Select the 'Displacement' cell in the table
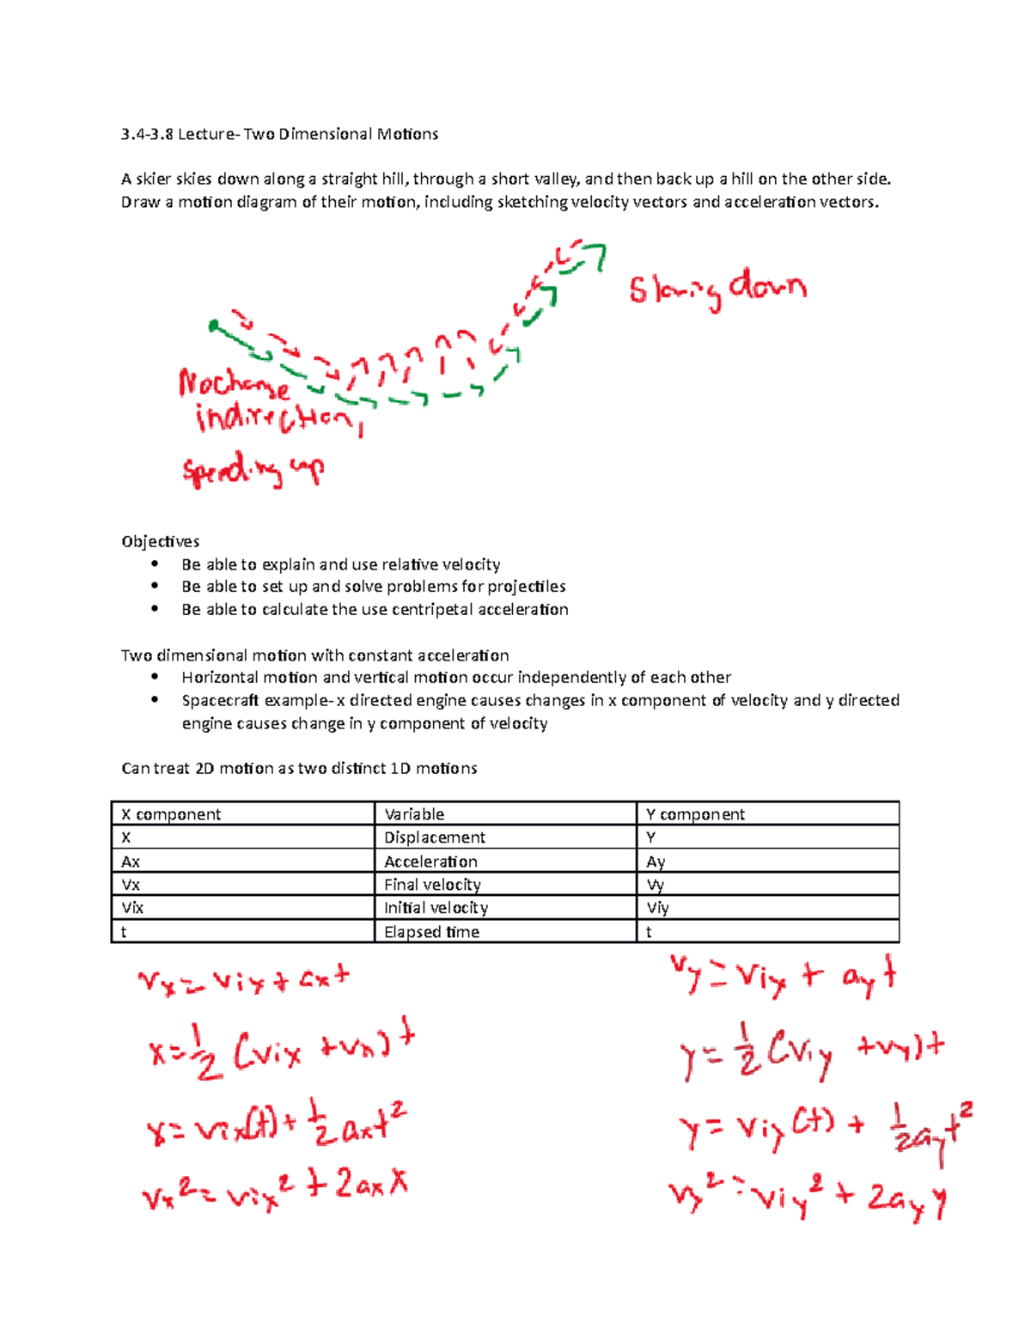[435, 838]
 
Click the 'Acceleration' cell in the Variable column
[430, 862]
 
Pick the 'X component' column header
[171, 814]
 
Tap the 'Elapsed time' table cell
[431, 932]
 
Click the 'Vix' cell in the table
[132, 908]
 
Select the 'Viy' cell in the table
[657, 908]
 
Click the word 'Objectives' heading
[161, 541]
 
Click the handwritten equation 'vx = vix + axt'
[244, 979]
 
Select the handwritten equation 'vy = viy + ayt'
[783, 977]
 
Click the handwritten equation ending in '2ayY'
[808, 1197]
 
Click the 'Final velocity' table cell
[432, 885]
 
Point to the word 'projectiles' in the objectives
[526, 586]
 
